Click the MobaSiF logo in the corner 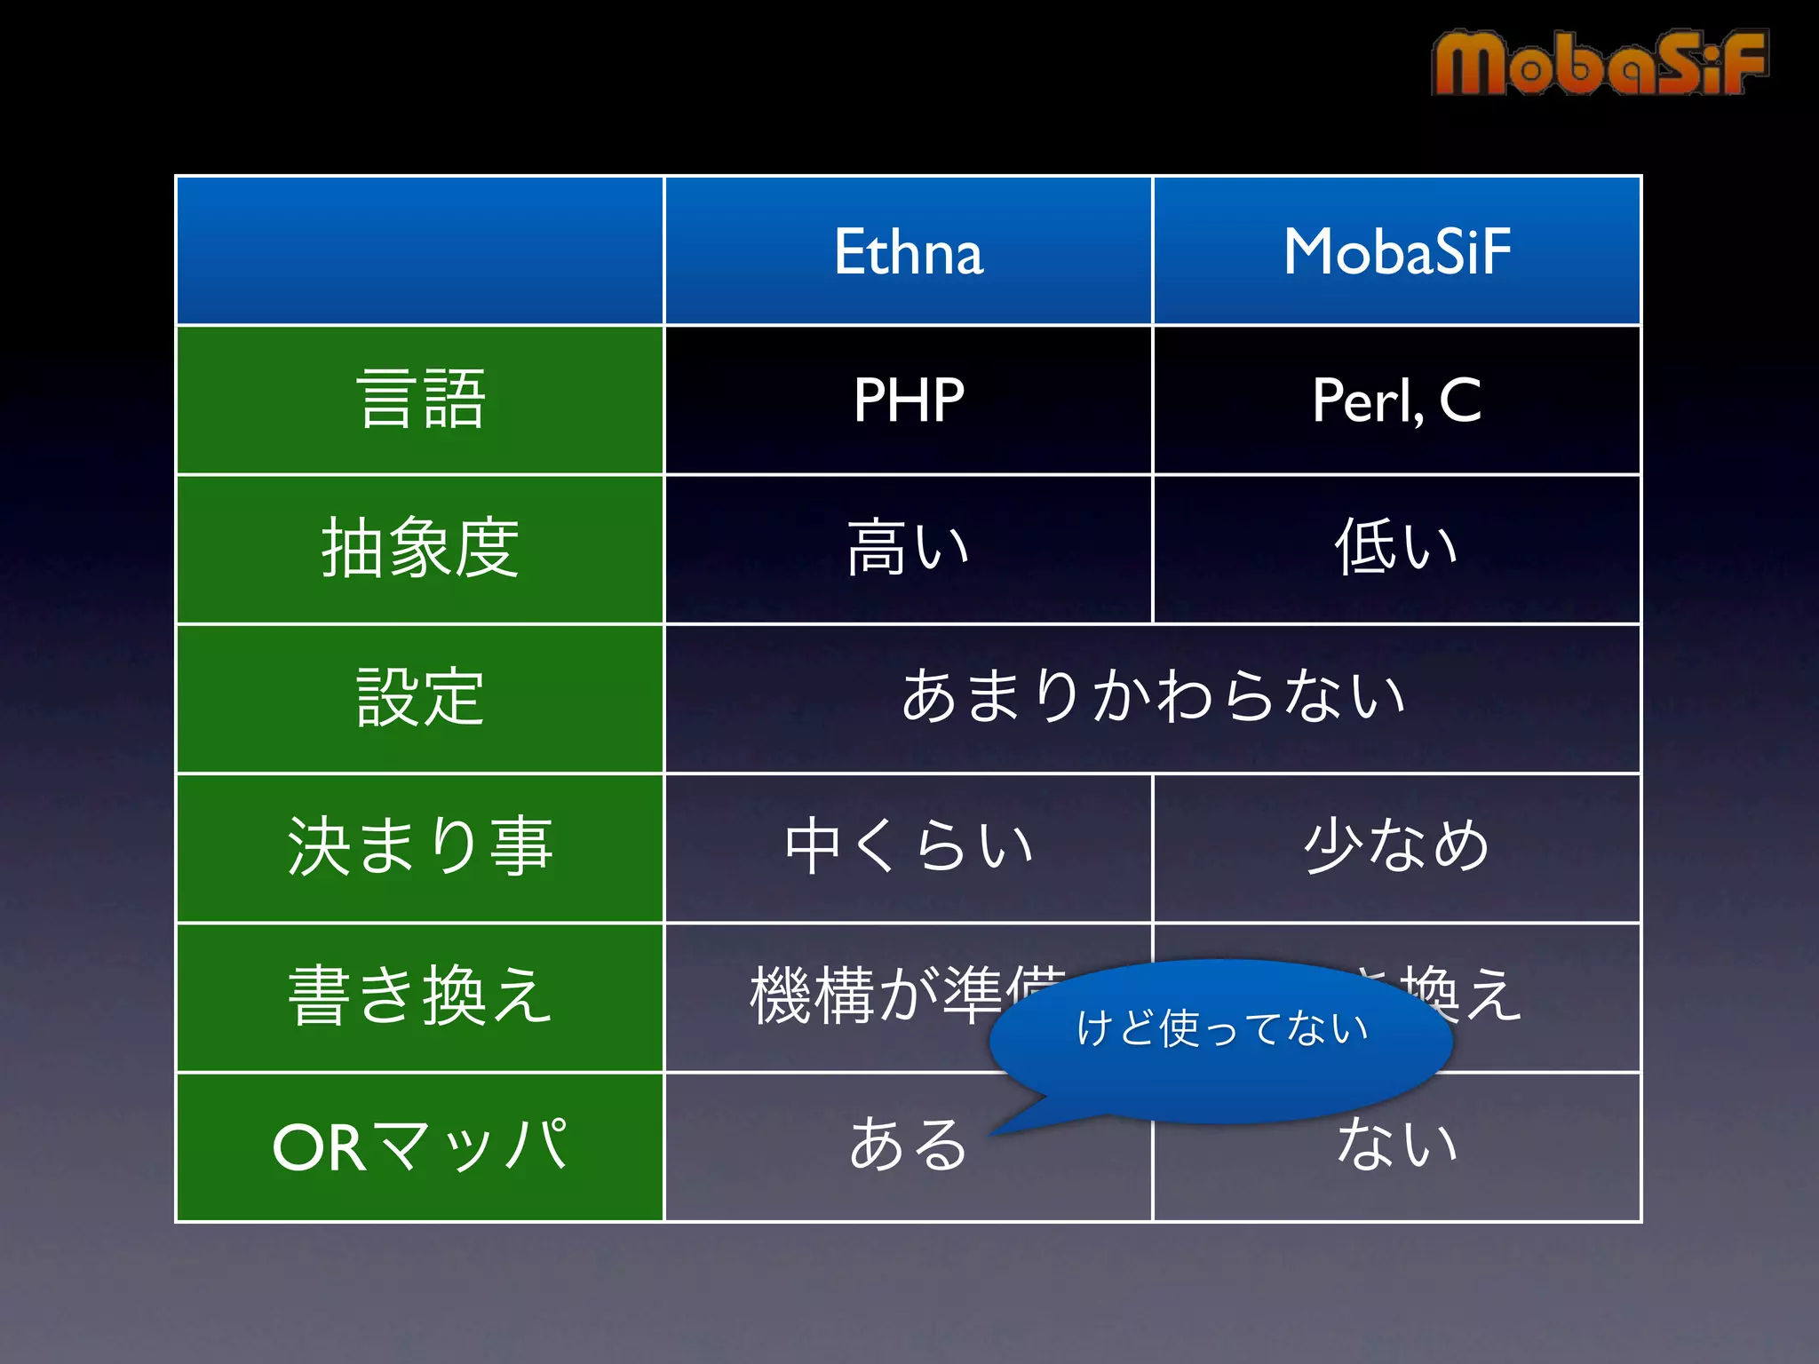click(x=1599, y=62)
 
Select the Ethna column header click(x=908, y=251)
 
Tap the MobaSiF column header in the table click(x=1396, y=251)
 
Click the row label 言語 click(x=420, y=400)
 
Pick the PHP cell click(x=908, y=400)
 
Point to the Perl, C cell click(x=1396, y=400)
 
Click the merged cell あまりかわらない click(x=1152, y=697)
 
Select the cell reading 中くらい click(x=908, y=846)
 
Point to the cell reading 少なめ click(x=1396, y=846)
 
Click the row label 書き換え click(x=420, y=997)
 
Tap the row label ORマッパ click(x=420, y=1146)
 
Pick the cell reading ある click(x=908, y=1146)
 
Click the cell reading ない click(x=1396, y=1146)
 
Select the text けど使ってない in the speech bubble click(x=1221, y=1028)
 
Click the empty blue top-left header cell click(x=420, y=251)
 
